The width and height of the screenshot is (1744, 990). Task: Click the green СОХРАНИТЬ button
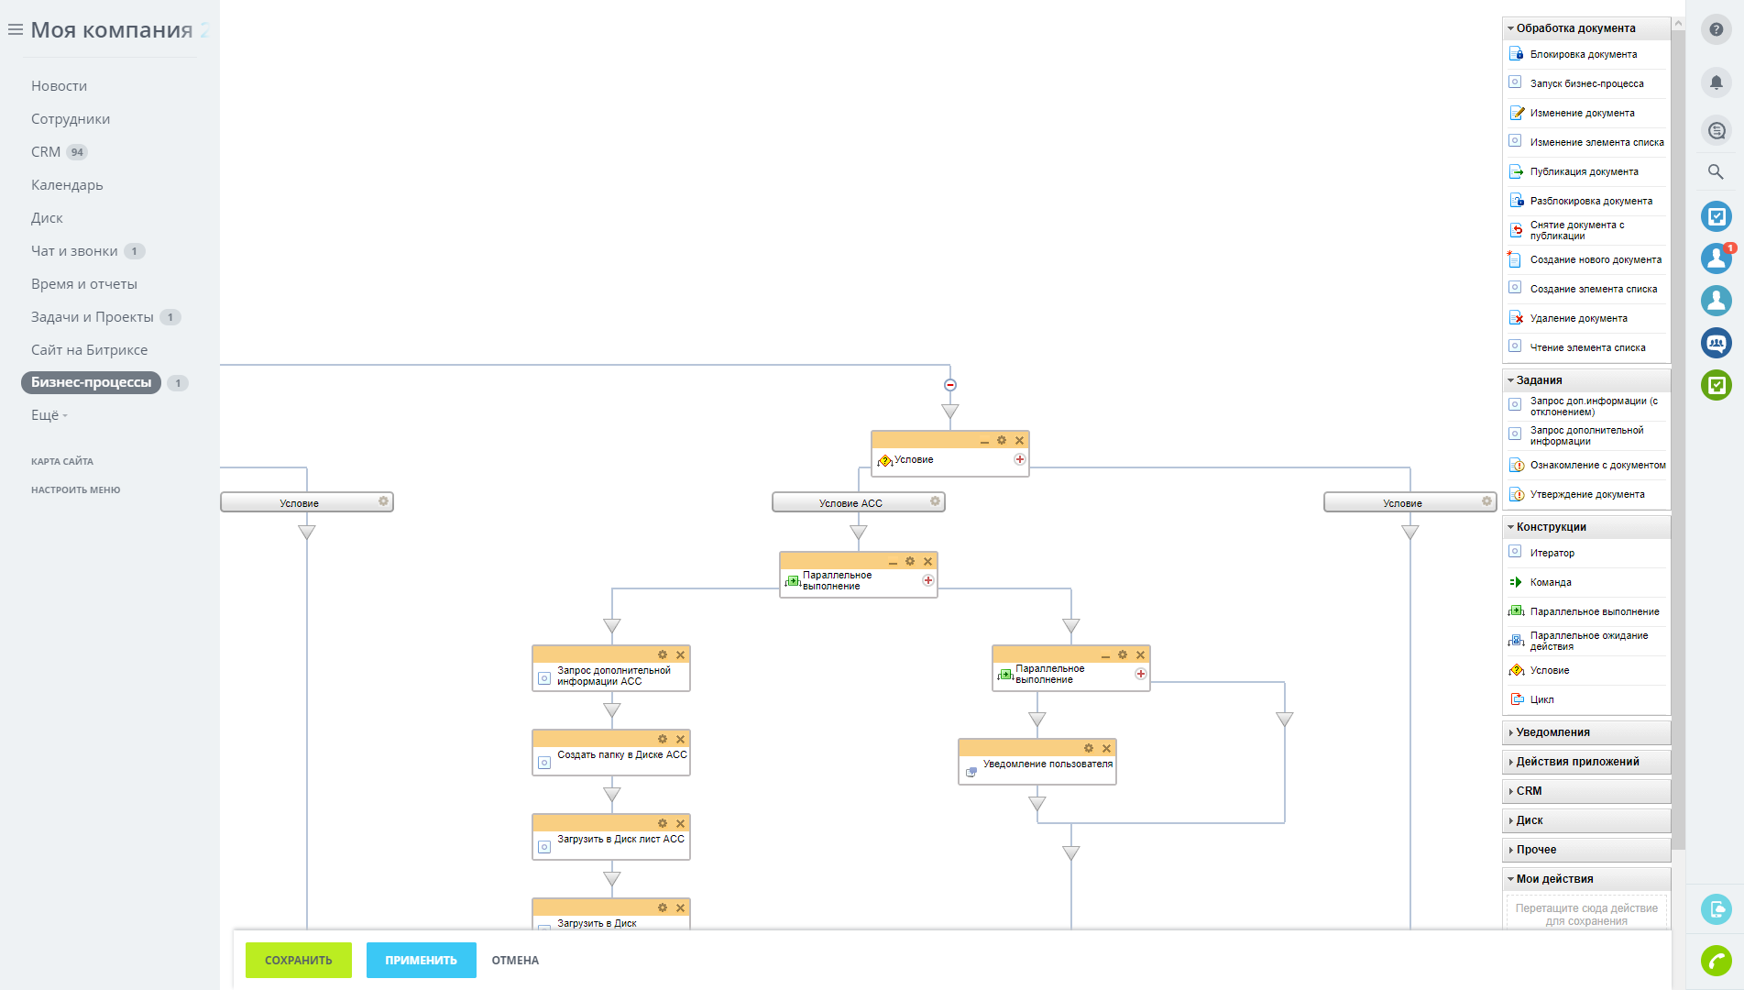coord(298,960)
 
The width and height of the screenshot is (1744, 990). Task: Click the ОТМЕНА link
coord(515,961)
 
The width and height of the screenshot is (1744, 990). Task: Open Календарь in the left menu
coord(67,185)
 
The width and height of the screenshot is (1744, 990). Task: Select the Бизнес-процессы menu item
coord(91,382)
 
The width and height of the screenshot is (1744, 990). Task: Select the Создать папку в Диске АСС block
coord(611,753)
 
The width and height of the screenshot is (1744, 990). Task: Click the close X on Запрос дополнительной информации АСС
coord(680,654)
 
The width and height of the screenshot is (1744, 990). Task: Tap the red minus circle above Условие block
coord(950,385)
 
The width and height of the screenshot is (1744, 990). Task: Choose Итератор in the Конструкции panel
coord(1552,553)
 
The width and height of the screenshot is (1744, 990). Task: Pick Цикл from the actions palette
coord(1541,699)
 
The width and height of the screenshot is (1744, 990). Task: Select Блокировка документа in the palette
coord(1583,54)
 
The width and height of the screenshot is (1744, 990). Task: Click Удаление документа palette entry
coord(1578,318)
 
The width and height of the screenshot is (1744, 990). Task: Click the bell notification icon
coord(1717,82)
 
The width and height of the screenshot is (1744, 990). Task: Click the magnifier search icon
coord(1716,171)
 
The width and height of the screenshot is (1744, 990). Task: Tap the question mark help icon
coord(1717,29)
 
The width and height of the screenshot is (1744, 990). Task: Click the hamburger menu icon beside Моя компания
coord(16,30)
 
